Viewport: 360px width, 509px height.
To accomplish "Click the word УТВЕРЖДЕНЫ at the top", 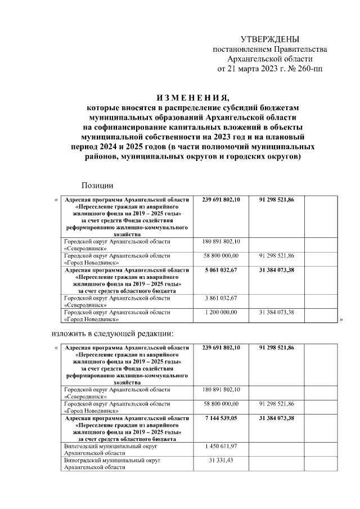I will [x=270, y=39].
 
